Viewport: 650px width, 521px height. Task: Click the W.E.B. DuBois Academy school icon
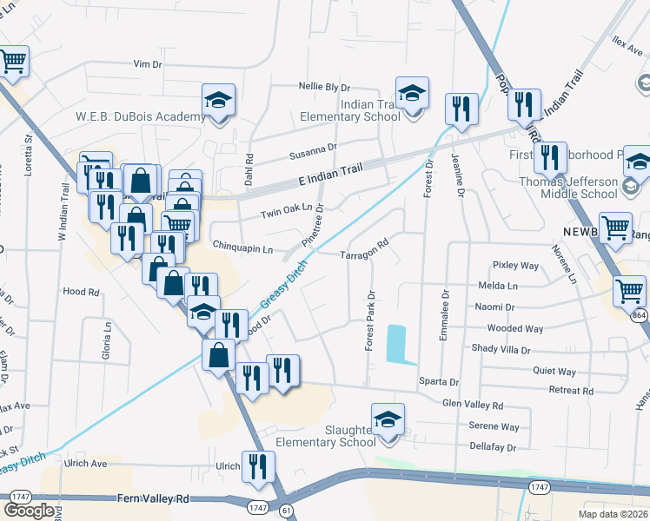tap(219, 102)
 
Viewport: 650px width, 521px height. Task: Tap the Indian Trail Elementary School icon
tap(412, 93)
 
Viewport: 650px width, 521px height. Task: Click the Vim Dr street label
tap(148, 64)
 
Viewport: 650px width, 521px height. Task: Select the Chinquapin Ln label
tap(242, 250)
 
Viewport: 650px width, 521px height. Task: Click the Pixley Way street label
tap(516, 264)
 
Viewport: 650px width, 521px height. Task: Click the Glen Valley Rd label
tap(473, 406)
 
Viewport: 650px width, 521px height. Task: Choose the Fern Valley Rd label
tap(153, 499)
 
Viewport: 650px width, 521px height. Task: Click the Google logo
tap(29, 511)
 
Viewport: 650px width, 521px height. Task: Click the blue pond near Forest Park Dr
tap(396, 344)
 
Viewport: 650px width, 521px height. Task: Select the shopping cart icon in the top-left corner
tap(12, 62)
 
